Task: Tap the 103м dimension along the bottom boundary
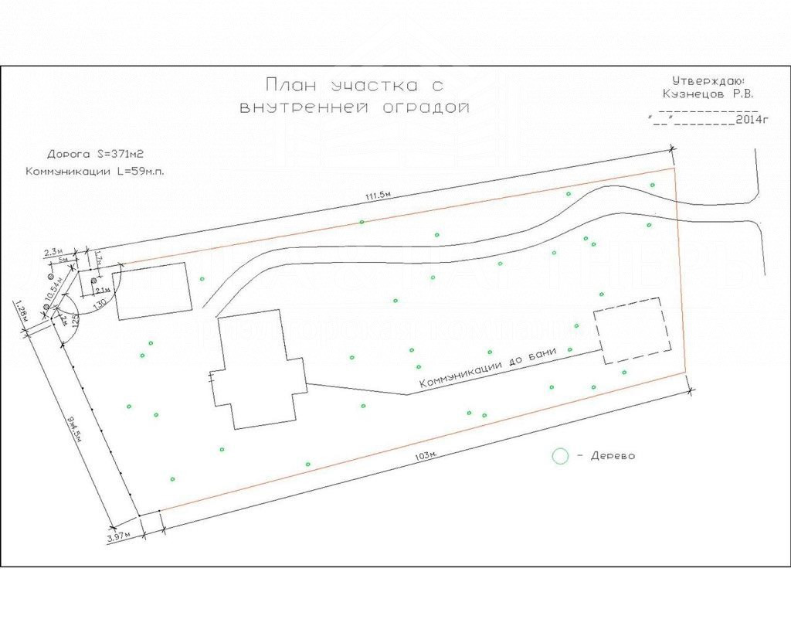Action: click(427, 456)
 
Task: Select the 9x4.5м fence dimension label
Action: click(76, 428)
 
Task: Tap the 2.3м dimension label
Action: click(53, 252)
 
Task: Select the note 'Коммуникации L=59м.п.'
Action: click(95, 172)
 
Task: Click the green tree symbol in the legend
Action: click(559, 456)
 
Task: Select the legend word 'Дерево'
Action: click(613, 456)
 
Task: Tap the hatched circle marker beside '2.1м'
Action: click(93, 280)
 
